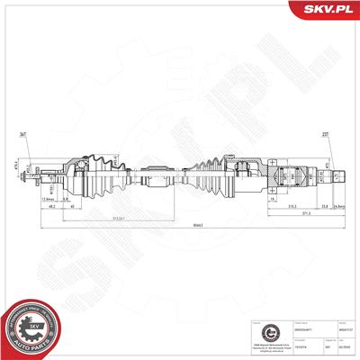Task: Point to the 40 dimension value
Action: pos(73,205)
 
